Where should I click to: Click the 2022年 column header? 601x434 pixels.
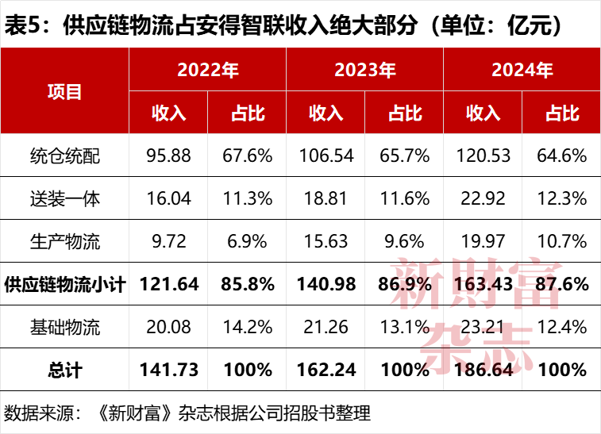[x=208, y=70]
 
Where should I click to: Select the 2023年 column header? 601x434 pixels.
[x=365, y=70]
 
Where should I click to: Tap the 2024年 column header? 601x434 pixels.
[x=522, y=70]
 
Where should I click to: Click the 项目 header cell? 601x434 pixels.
[x=64, y=91]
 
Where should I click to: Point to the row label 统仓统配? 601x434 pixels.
[x=64, y=156]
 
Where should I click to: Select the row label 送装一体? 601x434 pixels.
[x=64, y=198]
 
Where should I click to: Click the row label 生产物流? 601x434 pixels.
[x=64, y=241]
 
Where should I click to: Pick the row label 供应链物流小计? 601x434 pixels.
[x=64, y=284]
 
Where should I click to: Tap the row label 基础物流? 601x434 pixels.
[x=64, y=327]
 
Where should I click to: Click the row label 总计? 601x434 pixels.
[x=64, y=370]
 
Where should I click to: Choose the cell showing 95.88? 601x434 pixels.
[x=168, y=156]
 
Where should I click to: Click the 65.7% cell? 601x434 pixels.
[x=405, y=156]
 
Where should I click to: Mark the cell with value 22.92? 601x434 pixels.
[x=483, y=198]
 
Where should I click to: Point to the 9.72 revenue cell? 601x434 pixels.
[x=168, y=241]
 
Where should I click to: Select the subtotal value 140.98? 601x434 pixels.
[x=326, y=284]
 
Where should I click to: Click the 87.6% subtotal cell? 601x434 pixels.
[x=562, y=284]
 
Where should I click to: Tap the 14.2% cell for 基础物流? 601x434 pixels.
[x=248, y=327]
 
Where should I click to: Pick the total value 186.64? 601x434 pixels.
[x=483, y=370]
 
